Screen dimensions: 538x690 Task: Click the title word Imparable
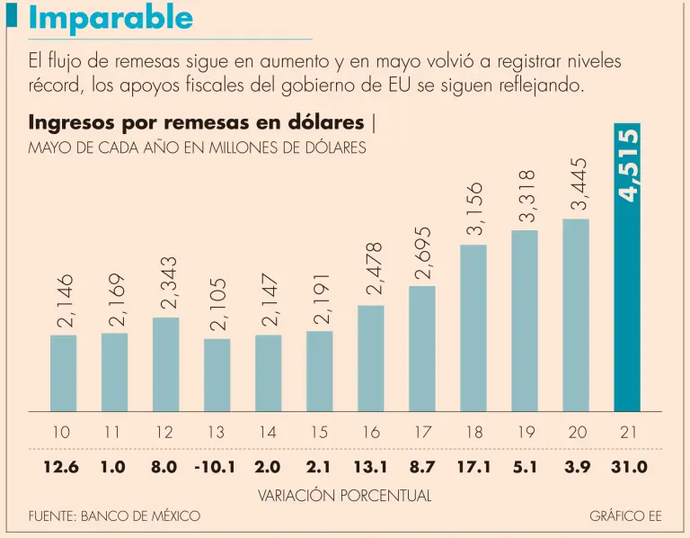[110, 18]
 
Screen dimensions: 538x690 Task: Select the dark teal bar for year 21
[627, 270]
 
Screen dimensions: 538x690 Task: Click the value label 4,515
[628, 165]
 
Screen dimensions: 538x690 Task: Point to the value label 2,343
[166, 283]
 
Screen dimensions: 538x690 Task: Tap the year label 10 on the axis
[60, 433]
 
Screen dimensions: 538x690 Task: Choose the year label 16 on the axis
[371, 433]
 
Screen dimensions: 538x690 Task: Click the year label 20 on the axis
[577, 433]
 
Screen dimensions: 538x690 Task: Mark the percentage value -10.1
[216, 467]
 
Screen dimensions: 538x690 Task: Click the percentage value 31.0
[628, 467]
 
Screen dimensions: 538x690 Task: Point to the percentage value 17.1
[473, 467]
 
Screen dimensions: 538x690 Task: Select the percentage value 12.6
[62, 467]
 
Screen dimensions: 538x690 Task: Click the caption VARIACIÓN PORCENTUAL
[345, 495]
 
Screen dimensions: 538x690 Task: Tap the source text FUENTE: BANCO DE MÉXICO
[114, 516]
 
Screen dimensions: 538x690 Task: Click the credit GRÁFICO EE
[625, 516]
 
